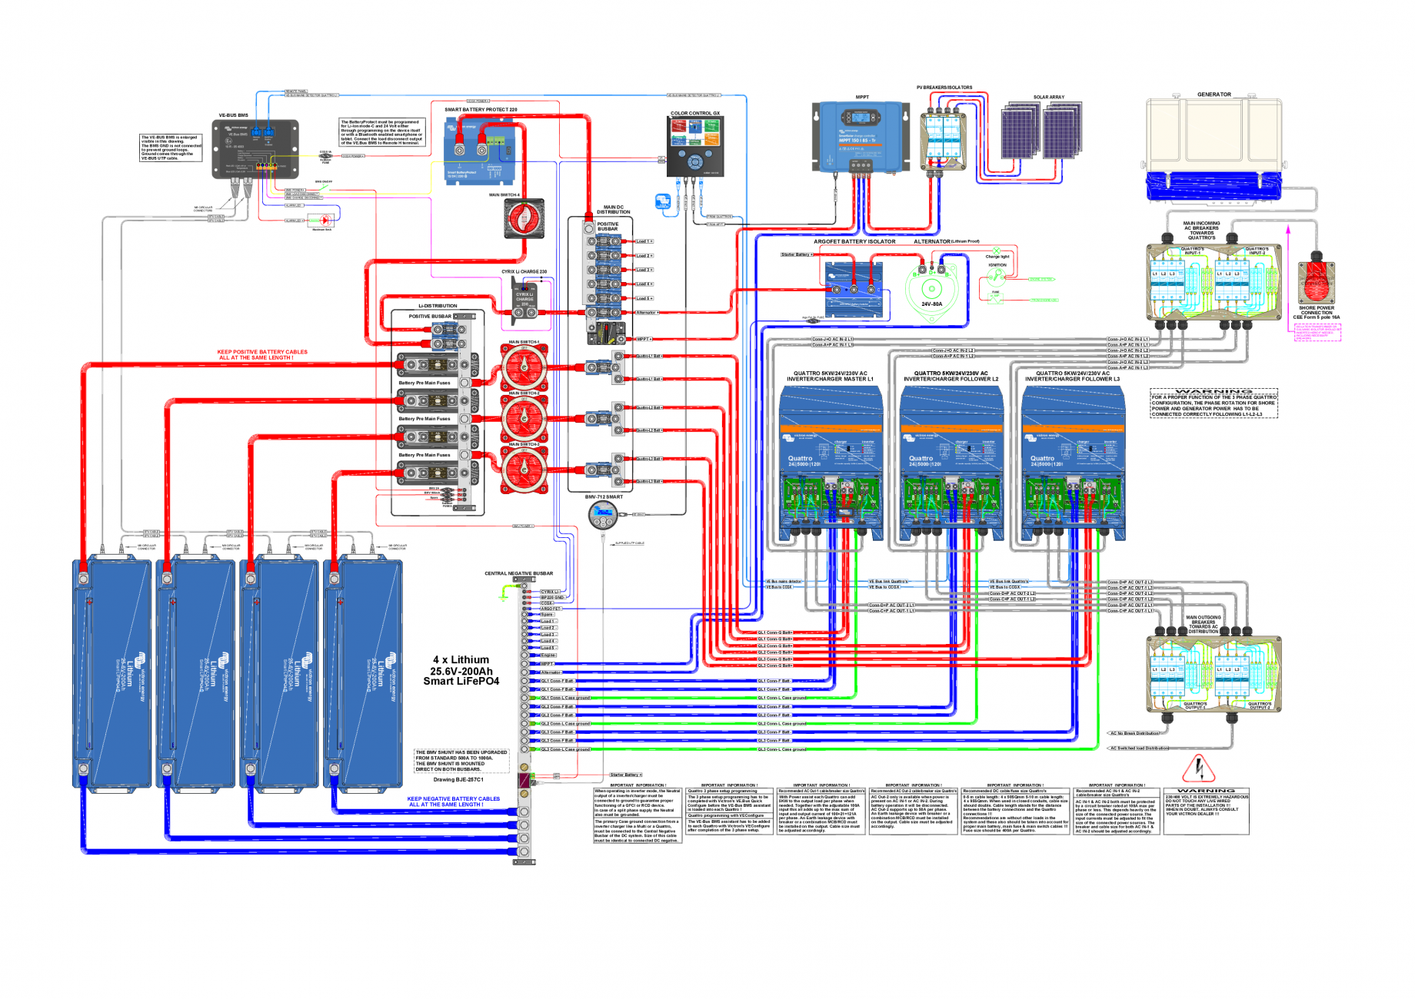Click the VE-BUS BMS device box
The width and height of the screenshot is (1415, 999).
[x=255, y=149]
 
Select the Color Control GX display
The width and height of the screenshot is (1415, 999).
[x=694, y=147]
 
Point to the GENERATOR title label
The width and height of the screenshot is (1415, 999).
[x=1214, y=95]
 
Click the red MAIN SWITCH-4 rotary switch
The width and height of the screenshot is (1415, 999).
[x=524, y=219]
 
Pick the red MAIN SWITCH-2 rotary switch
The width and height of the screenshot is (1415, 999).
[x=524, y=418]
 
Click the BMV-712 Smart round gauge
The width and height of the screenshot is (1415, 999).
[x=603, y=516]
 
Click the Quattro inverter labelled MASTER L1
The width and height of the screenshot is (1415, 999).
[x=831, y=461]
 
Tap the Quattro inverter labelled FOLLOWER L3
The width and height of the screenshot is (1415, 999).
[x=1072, y=461]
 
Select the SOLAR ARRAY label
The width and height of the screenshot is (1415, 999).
[x=1048, y=98]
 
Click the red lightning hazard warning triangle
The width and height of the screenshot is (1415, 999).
[x=1198, y=767]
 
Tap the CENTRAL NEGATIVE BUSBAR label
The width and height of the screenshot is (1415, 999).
[x=518, y=573]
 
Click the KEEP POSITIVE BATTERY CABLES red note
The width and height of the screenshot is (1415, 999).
[x=262, y=354]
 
